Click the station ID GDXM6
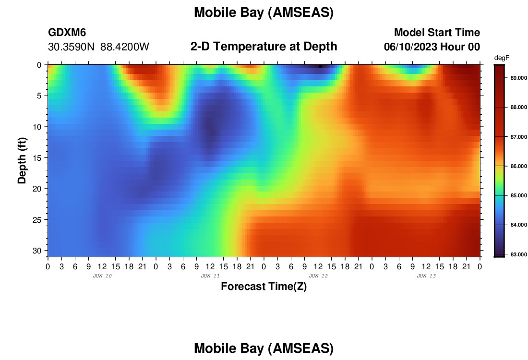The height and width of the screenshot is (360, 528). coord(67,32)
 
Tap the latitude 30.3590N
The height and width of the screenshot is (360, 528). coord(72,47)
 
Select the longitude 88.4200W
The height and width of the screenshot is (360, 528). coord(125,47)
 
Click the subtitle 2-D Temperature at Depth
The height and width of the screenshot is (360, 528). coord(264,47)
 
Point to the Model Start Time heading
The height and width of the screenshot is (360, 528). coord(437,32)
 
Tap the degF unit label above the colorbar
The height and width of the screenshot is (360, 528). coord(502,58)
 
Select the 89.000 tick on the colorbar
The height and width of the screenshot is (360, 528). coord(518,78)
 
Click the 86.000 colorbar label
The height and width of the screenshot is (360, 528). coord(518,166)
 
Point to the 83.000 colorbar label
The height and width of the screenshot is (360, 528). coord(518,254)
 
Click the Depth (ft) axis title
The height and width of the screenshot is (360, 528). coord(22,160)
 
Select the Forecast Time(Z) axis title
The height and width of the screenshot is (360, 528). coord(264,287)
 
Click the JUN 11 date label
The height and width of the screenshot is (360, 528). coord(210,276)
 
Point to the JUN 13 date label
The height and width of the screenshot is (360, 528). coord(426,276)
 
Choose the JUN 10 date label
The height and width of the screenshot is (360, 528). coord(102,276)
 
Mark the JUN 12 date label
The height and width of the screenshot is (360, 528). coord(318,276)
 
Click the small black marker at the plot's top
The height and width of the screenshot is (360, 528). coord(320,66)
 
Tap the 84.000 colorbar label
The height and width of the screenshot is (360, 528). coord(518,225)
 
